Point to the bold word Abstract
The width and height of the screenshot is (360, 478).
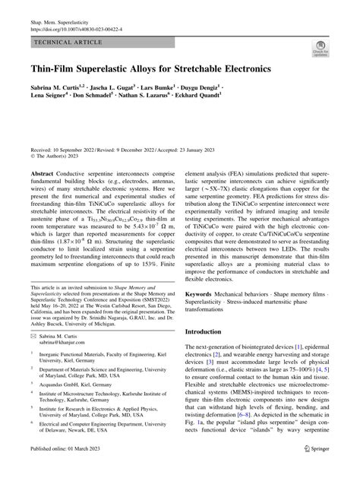coord(43,174)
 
